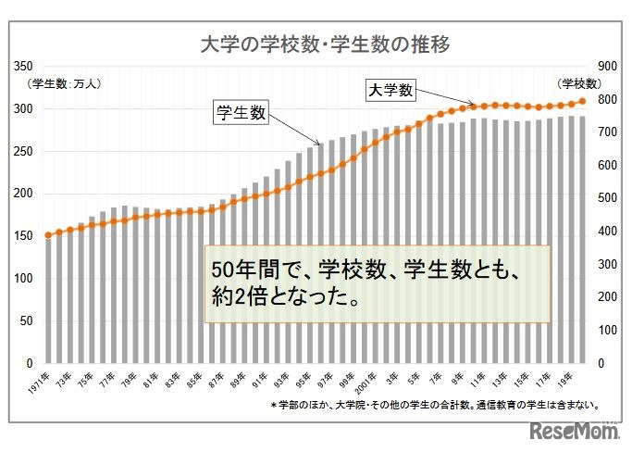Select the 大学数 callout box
point(390,90)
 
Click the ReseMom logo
point(575,431)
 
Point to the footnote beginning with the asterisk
point(435,406)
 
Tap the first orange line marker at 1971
point(48,235)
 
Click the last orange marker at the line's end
point(582,101)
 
